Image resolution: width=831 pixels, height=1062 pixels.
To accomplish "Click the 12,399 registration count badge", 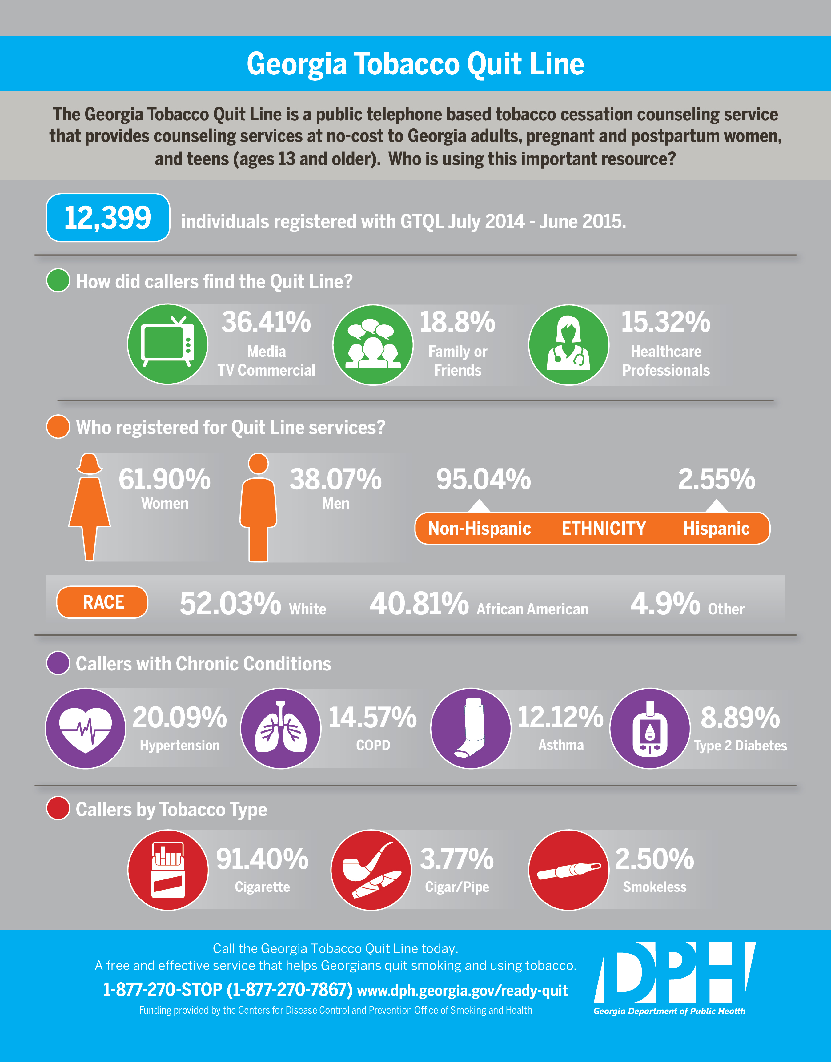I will tap(107, 217).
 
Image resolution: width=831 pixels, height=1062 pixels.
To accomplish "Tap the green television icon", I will tap(167, 344).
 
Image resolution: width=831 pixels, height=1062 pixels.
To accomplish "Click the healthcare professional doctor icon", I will tap(568, 344).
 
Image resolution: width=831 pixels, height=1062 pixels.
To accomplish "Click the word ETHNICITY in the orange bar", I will tap(603, 528).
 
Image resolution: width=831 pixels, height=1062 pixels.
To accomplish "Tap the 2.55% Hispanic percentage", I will tap(716, 480).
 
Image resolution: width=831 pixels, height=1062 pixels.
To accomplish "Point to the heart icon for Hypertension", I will tap(86, 728).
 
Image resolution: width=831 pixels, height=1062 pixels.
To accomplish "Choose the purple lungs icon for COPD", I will tap(281, 728).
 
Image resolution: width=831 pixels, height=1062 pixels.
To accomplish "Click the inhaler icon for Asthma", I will tap(471, 728).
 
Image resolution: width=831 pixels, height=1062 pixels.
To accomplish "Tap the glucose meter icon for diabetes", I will tap(649, 728).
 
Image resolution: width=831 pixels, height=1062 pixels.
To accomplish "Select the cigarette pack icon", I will tap(168, 870).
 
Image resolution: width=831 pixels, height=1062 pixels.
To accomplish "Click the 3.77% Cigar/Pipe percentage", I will tap(457, 859).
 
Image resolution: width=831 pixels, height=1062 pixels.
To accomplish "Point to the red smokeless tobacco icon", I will tap(568, 870).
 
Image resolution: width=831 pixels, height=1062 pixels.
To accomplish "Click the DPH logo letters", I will tap(674, 973).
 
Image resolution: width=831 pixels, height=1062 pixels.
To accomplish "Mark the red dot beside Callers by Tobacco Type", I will tap(58, 809).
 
